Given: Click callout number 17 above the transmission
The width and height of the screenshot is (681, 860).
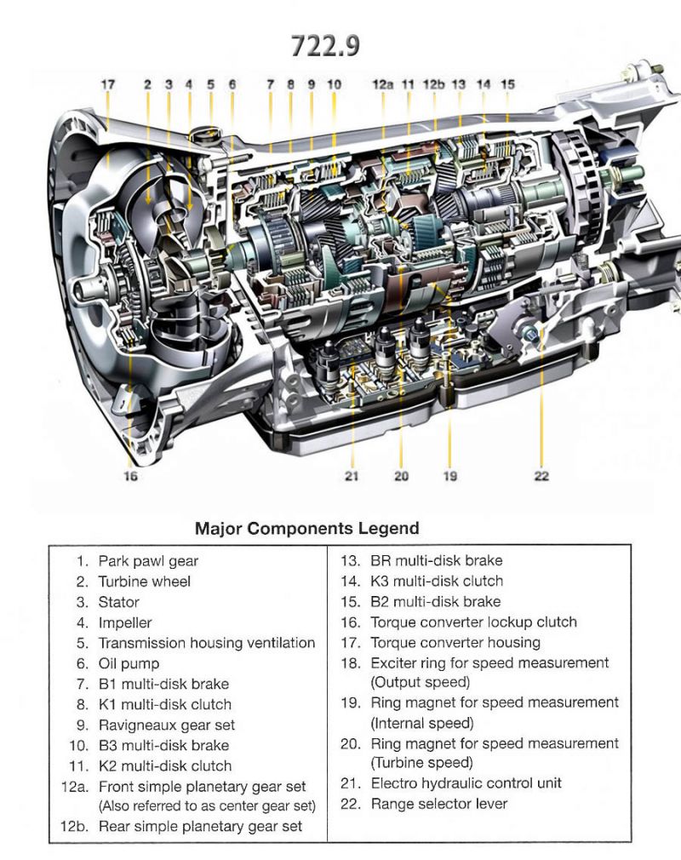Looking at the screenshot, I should (x=107, y=84).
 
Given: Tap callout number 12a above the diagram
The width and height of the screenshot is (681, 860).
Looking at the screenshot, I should (x=383, y=84).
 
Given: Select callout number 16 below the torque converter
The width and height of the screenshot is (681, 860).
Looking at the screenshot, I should (x=129, y=476).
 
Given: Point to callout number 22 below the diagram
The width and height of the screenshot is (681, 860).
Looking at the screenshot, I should (x=541, y=476).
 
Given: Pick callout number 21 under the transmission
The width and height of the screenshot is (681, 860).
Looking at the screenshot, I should (x=352, y=476).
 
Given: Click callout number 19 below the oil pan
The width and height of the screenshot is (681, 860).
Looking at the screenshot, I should (x=449, y=476).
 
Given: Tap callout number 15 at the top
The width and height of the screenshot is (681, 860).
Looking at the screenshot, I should (x=507, y=84).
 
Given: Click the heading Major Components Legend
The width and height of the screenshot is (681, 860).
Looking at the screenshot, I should (x=307, y=529).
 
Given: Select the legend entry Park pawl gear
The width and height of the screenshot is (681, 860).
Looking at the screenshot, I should (x=148, y=561).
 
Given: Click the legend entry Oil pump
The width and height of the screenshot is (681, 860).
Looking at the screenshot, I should (x=129, y=663).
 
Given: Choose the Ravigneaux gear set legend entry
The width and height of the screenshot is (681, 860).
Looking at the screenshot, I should (x=166, y=725).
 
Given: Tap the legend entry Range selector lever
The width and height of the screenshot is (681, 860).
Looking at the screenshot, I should (x=438, y=803).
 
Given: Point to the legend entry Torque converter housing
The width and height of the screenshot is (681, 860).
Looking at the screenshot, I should (x=455, y=643).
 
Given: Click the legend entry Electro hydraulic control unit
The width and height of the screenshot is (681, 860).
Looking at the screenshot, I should (x=466, y=783).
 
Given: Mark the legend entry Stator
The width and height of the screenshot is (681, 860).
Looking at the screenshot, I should (x=118, y=602).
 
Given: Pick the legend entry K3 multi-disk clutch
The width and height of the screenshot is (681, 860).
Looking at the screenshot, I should (x=437, y=582).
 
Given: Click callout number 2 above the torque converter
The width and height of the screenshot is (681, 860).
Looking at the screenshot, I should (x=147, y=84).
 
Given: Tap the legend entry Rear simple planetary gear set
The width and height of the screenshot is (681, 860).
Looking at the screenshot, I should (x=200, y=826).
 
